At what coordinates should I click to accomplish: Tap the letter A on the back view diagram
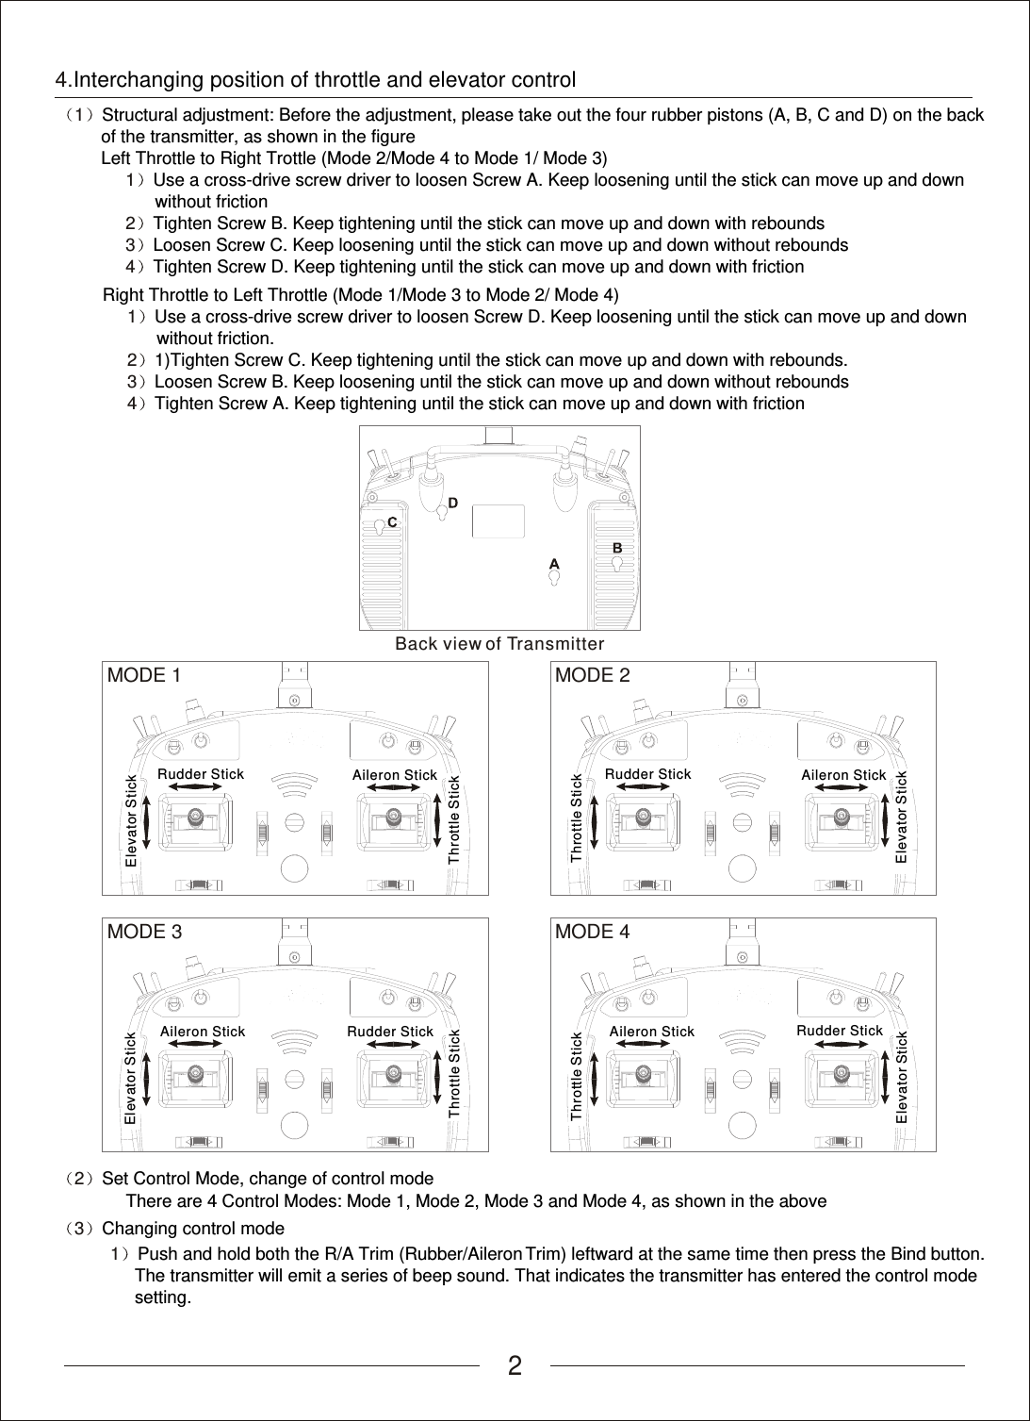click(x=554, y=564)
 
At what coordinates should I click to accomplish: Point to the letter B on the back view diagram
click(x=617, y=547)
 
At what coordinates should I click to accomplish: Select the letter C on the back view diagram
click(x=392, y=520)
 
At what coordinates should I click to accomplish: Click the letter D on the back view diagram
click(x=453, y=503)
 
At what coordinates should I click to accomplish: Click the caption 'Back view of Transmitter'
click(x=499, y=644)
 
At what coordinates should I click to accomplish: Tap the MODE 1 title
click(x=144, y=675)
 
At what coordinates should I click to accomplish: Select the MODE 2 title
click(x=593, y=675)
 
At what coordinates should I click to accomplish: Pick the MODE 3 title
click(x=145, y=932)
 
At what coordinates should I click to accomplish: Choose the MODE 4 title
click(x=593, y=932)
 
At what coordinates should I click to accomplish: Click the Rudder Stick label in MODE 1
click(x=201, y=774)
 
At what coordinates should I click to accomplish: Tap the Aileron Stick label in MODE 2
click(x=843, y=775)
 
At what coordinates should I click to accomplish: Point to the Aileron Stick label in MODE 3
click(x=203, y=1032)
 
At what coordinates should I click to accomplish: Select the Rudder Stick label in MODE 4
click(x=840, y=1031)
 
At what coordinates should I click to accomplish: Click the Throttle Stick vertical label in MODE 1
click(x=454, y=819)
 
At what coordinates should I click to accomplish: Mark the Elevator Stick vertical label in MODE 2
click(x=902, y=817)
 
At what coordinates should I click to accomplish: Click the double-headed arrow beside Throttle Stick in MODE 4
click(x=596, y=1076)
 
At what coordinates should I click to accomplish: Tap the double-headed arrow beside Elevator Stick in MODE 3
click(x=147, y=1076)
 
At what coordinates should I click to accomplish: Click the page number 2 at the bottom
click(x=515, y=1365)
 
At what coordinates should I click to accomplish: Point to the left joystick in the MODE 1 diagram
click(x=195, y=817)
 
